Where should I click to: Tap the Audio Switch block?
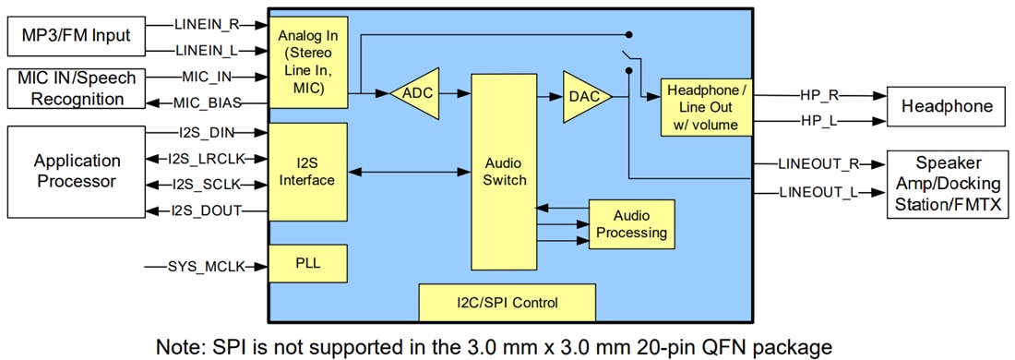[x=505, y=171]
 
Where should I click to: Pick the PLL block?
[x=307, y=263]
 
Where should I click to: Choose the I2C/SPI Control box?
[x=507, y=302]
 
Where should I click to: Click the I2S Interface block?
[x=307, y=171]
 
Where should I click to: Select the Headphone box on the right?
[x=945, y=106]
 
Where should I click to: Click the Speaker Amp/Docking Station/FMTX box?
[x=945, y=183]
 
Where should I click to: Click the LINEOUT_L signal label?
[x=818, y=192]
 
